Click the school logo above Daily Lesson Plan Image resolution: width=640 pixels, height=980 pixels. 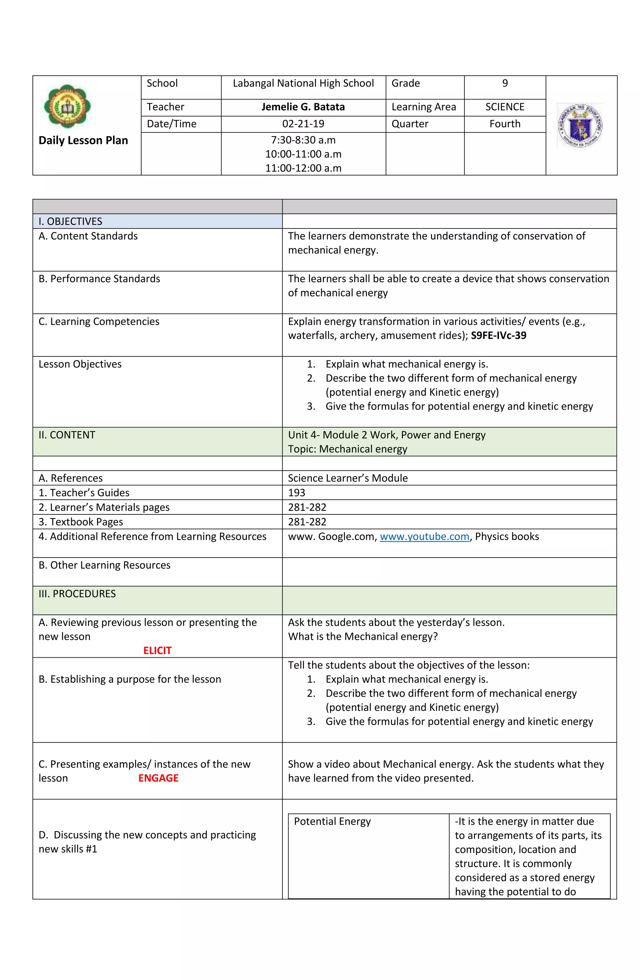67,107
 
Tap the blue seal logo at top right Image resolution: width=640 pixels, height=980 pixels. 580,125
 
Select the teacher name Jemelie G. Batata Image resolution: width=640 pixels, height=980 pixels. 303,107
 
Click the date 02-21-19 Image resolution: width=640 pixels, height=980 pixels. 303,124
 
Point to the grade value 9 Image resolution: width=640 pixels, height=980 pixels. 505,84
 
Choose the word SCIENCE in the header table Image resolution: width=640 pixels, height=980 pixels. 505,107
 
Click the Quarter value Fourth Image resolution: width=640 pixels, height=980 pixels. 505,124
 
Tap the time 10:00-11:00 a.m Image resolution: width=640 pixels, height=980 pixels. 303,154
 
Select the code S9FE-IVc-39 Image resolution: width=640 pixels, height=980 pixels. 498,336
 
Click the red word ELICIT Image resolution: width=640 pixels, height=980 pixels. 157,651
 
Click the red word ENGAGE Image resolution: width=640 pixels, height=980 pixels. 158,778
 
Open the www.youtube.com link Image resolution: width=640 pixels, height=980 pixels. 424,537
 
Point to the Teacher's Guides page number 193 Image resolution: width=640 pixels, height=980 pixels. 297,493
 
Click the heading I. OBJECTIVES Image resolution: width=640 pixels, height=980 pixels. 70,222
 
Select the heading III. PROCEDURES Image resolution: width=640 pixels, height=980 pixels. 77,594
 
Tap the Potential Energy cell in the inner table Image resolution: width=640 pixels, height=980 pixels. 332,821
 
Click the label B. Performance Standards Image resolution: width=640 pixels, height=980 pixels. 99,279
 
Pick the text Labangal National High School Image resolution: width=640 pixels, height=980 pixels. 303,84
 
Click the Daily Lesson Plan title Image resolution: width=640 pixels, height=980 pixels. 83,140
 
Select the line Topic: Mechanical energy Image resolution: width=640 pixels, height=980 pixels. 347,449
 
